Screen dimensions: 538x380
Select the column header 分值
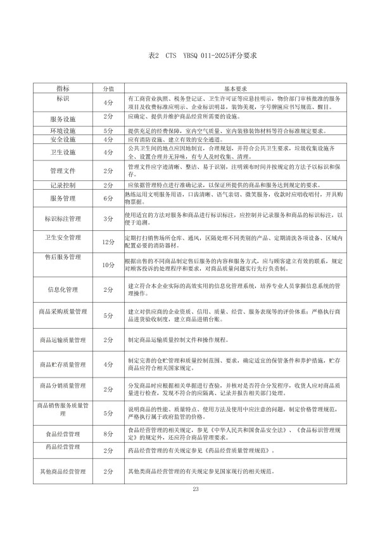[x=108, y=89]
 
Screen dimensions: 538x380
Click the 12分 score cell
[x=108, y=242]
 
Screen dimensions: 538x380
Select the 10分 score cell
[x=108, y=265]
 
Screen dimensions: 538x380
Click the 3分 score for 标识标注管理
[x=108, y=219]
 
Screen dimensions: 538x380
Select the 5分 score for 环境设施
[x=108, y=131]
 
